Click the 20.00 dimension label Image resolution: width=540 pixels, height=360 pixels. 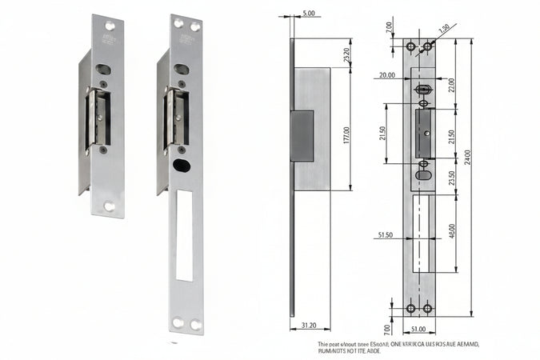point(387,75)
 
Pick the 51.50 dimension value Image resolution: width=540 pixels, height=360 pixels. point(386,235)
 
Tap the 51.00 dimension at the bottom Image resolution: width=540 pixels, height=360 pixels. point(419,328)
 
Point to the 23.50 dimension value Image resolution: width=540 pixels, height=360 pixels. point(452,178)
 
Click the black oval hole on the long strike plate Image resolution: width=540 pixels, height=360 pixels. point(182,165)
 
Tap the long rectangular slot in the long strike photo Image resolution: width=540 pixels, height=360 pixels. point(184,235)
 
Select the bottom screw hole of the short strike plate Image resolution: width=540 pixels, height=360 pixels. point(109,206)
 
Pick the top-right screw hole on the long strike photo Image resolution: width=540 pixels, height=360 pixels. point(193,24)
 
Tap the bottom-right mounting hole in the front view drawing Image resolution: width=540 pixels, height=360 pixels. point(427,309)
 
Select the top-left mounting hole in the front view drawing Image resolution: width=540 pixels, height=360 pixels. point(411,47)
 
